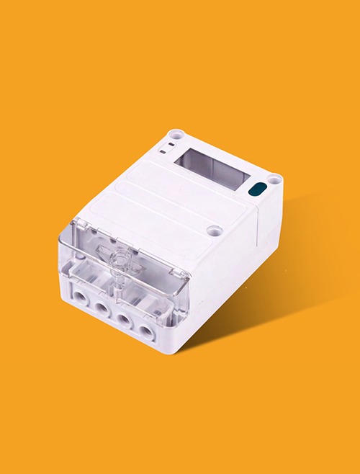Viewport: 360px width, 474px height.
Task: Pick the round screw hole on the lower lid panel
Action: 213,231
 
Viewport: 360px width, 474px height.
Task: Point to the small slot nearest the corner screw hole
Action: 169,145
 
